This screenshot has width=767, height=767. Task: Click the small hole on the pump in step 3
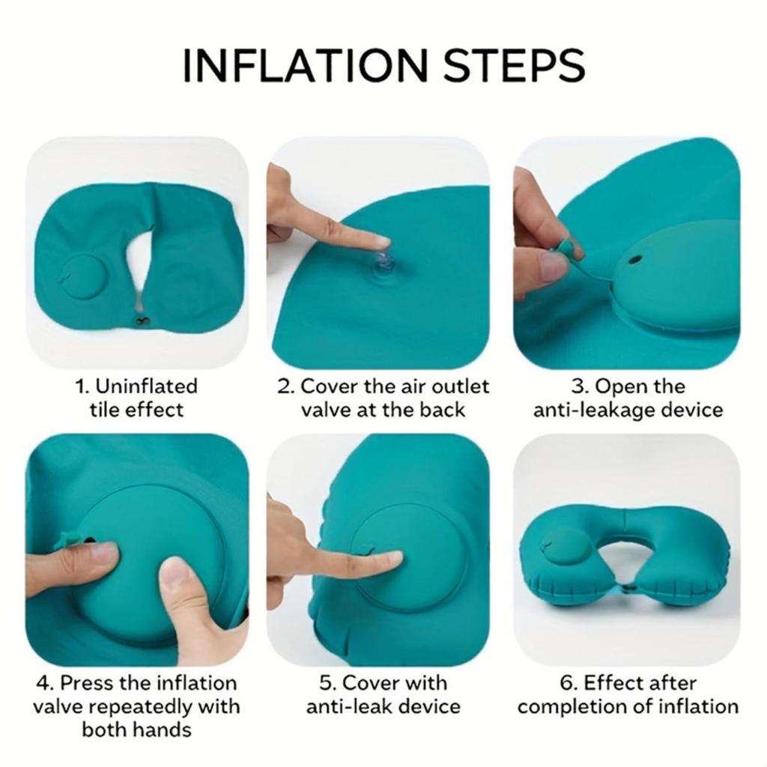[x=636, y=259]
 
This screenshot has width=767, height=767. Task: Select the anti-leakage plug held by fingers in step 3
[x=569, y=248]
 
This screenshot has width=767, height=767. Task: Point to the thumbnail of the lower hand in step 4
[x=175, y=577]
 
